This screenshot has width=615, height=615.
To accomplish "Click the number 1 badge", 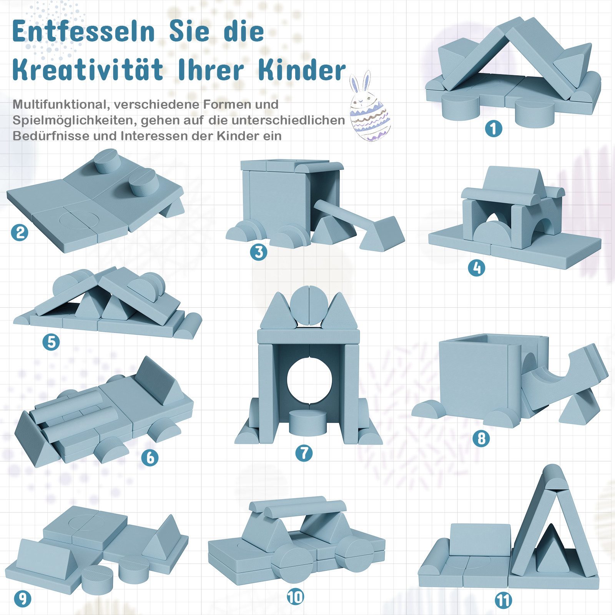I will (x=494, y=128).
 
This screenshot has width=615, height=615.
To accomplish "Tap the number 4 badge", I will (x=476, y=268).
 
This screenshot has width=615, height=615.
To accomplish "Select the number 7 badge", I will (x=304, y=453).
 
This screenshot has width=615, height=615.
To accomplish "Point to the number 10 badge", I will (x=295, y=597).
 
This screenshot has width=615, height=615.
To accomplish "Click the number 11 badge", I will (x=504, y=601).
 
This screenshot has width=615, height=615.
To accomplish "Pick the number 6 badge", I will (x=150, y=457).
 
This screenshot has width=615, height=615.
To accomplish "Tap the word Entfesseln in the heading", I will (x=83, y=32).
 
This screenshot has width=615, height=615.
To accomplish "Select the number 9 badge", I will (x=22, y=599).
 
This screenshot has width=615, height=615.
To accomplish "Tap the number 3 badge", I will (x=258, y=252).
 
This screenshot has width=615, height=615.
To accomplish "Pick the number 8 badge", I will (x=481, y=438).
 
